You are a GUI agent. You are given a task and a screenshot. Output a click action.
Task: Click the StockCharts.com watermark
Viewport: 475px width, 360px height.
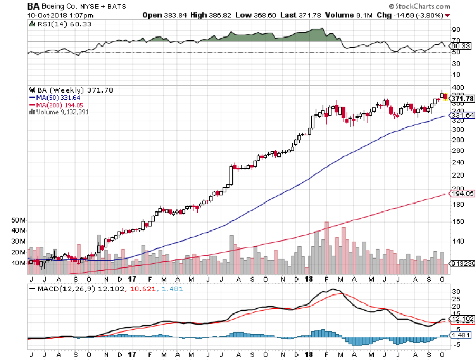[420, 7]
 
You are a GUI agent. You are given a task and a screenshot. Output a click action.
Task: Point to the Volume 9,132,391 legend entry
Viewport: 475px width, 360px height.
[61, 111]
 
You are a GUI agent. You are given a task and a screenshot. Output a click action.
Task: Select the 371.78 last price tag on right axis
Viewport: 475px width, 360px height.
[461, 99]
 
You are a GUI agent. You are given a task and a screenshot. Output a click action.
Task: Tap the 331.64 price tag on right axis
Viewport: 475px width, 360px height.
[461, 116]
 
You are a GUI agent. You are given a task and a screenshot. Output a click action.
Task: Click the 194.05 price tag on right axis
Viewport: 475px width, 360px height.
[461, 194]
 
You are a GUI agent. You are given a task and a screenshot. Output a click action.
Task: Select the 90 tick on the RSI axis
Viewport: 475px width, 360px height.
[455, 30]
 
